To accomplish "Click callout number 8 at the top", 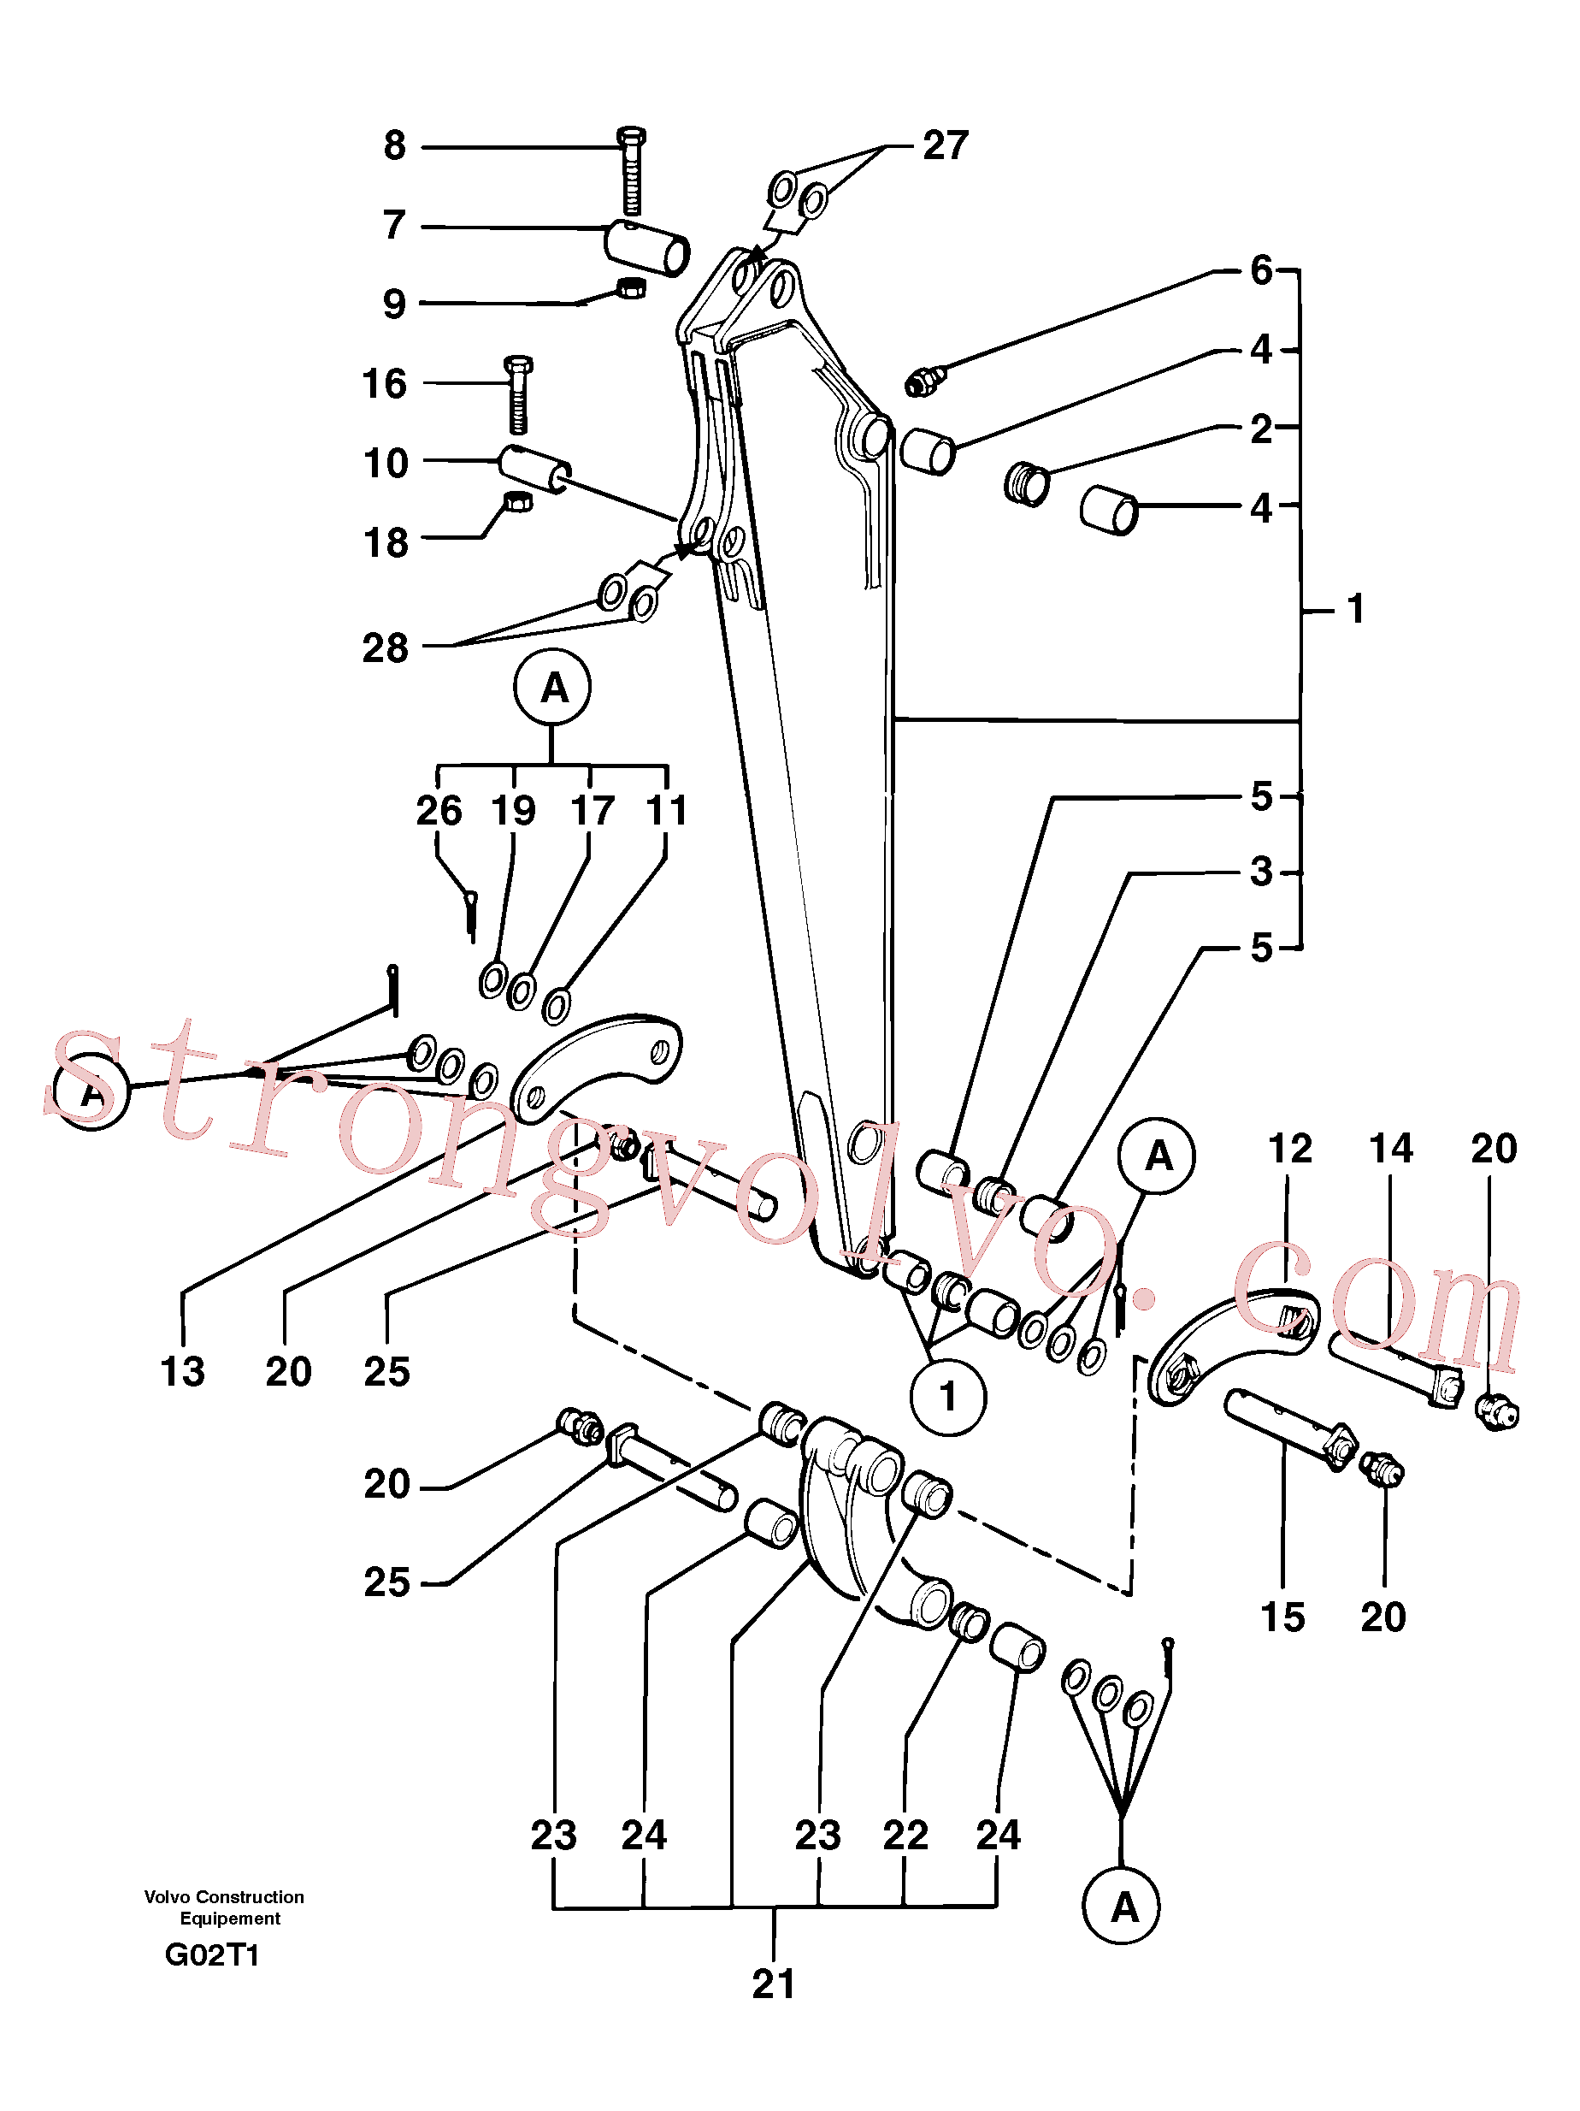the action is coord(394,146).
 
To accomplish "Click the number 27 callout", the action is coord(946,146).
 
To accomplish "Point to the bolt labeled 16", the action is coord(518,394).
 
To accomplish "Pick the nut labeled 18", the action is coord(517,501).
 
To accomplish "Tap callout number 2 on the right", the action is coord(1261,429).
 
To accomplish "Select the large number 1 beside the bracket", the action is coord(1356,608).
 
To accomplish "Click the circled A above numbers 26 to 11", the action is coord(552,687).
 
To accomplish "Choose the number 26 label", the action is coord(439,810).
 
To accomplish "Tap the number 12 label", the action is coord(1290,1148).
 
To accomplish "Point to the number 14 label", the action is coord(1390,1148).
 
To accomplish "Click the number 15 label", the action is coord(1282,1617).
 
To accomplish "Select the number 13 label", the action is coord(182,1371).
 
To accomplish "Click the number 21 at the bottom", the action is coord(773,1984).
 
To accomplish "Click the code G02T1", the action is coord(212,1955).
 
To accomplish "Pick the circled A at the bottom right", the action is coord(1121,1906).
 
